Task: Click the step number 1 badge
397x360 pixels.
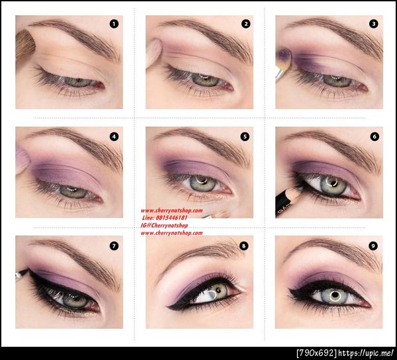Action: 114,24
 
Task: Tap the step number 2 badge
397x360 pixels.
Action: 245,24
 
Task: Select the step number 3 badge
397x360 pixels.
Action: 374,24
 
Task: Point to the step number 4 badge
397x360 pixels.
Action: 114,137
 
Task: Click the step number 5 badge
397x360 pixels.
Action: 245,137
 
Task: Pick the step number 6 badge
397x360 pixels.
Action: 375,137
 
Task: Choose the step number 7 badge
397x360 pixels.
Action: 114,246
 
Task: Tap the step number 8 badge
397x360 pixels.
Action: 244,246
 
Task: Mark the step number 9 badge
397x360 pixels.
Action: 374,246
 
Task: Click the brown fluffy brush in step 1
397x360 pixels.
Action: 25,44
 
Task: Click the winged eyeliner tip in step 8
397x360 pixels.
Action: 172,306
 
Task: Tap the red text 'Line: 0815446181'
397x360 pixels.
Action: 164,218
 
